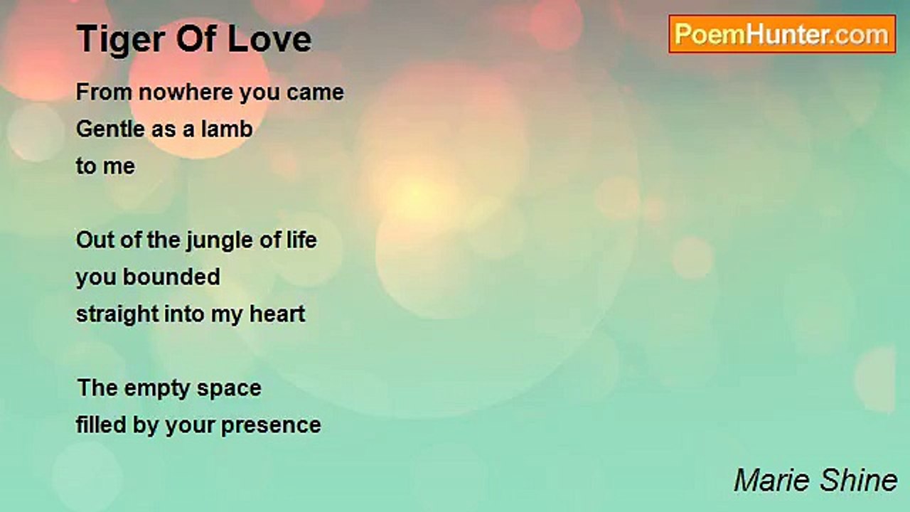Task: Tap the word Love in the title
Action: pyautogui.click(x=269, y=38)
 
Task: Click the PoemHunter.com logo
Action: pyautogui.click(x=782, y=34)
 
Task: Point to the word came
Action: pyautogui.click(x=315, y=93)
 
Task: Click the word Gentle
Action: pyautogui.click(x=111, y=129)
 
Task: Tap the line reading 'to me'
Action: pyautogui.click(x=106, y=166)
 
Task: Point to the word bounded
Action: pyautogui.click(x=171, y=277)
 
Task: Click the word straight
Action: pyautogui.click(x=117, y=315)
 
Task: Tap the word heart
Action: pyautogui.click(x=277, y=314)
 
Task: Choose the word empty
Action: pyautogui.click(x=157, y=389)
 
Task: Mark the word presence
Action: pyautogui.click(x=271, y=426)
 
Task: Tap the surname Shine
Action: pyautogui.click(x=858, y=480)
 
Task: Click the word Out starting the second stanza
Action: pyautogui.click(x=95, y=240)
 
